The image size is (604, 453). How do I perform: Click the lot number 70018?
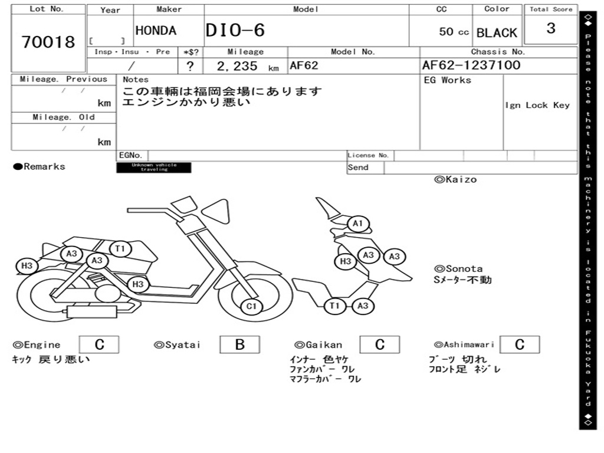click(x=48, y=42)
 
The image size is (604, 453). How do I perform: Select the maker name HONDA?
click(x=156, y=31)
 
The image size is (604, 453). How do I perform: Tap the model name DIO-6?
click(x=235, y=31)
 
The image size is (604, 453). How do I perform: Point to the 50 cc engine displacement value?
click(x=454, y=32)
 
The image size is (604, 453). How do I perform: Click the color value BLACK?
click(x=497, y=33)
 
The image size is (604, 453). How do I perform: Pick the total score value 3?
click(x=551, y=28)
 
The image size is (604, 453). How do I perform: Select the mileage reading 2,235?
click(x=238, y=66)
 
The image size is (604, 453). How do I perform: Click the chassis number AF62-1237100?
click(x=471, y=65)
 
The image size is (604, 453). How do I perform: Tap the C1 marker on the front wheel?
click(x=252, y=306)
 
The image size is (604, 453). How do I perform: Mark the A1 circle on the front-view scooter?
click(x=357, y=224)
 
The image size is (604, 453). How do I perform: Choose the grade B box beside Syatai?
click(x=239, y=345)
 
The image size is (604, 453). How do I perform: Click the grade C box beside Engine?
click(x=99, y=345)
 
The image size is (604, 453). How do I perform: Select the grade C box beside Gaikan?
click(x=380, y=345)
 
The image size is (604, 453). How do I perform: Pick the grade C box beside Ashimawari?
click(x=519, y=345)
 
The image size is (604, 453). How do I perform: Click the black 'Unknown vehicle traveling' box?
click(x=153, y=168)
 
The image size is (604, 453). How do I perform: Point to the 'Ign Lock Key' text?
click(x=537, y=106)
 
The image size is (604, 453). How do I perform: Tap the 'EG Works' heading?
click(x=448, y=80)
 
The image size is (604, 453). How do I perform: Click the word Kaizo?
click(x=456, y=179)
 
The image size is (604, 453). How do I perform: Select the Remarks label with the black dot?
click(x=40, y=167)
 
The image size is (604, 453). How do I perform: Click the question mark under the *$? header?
click(x=191, y=66)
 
